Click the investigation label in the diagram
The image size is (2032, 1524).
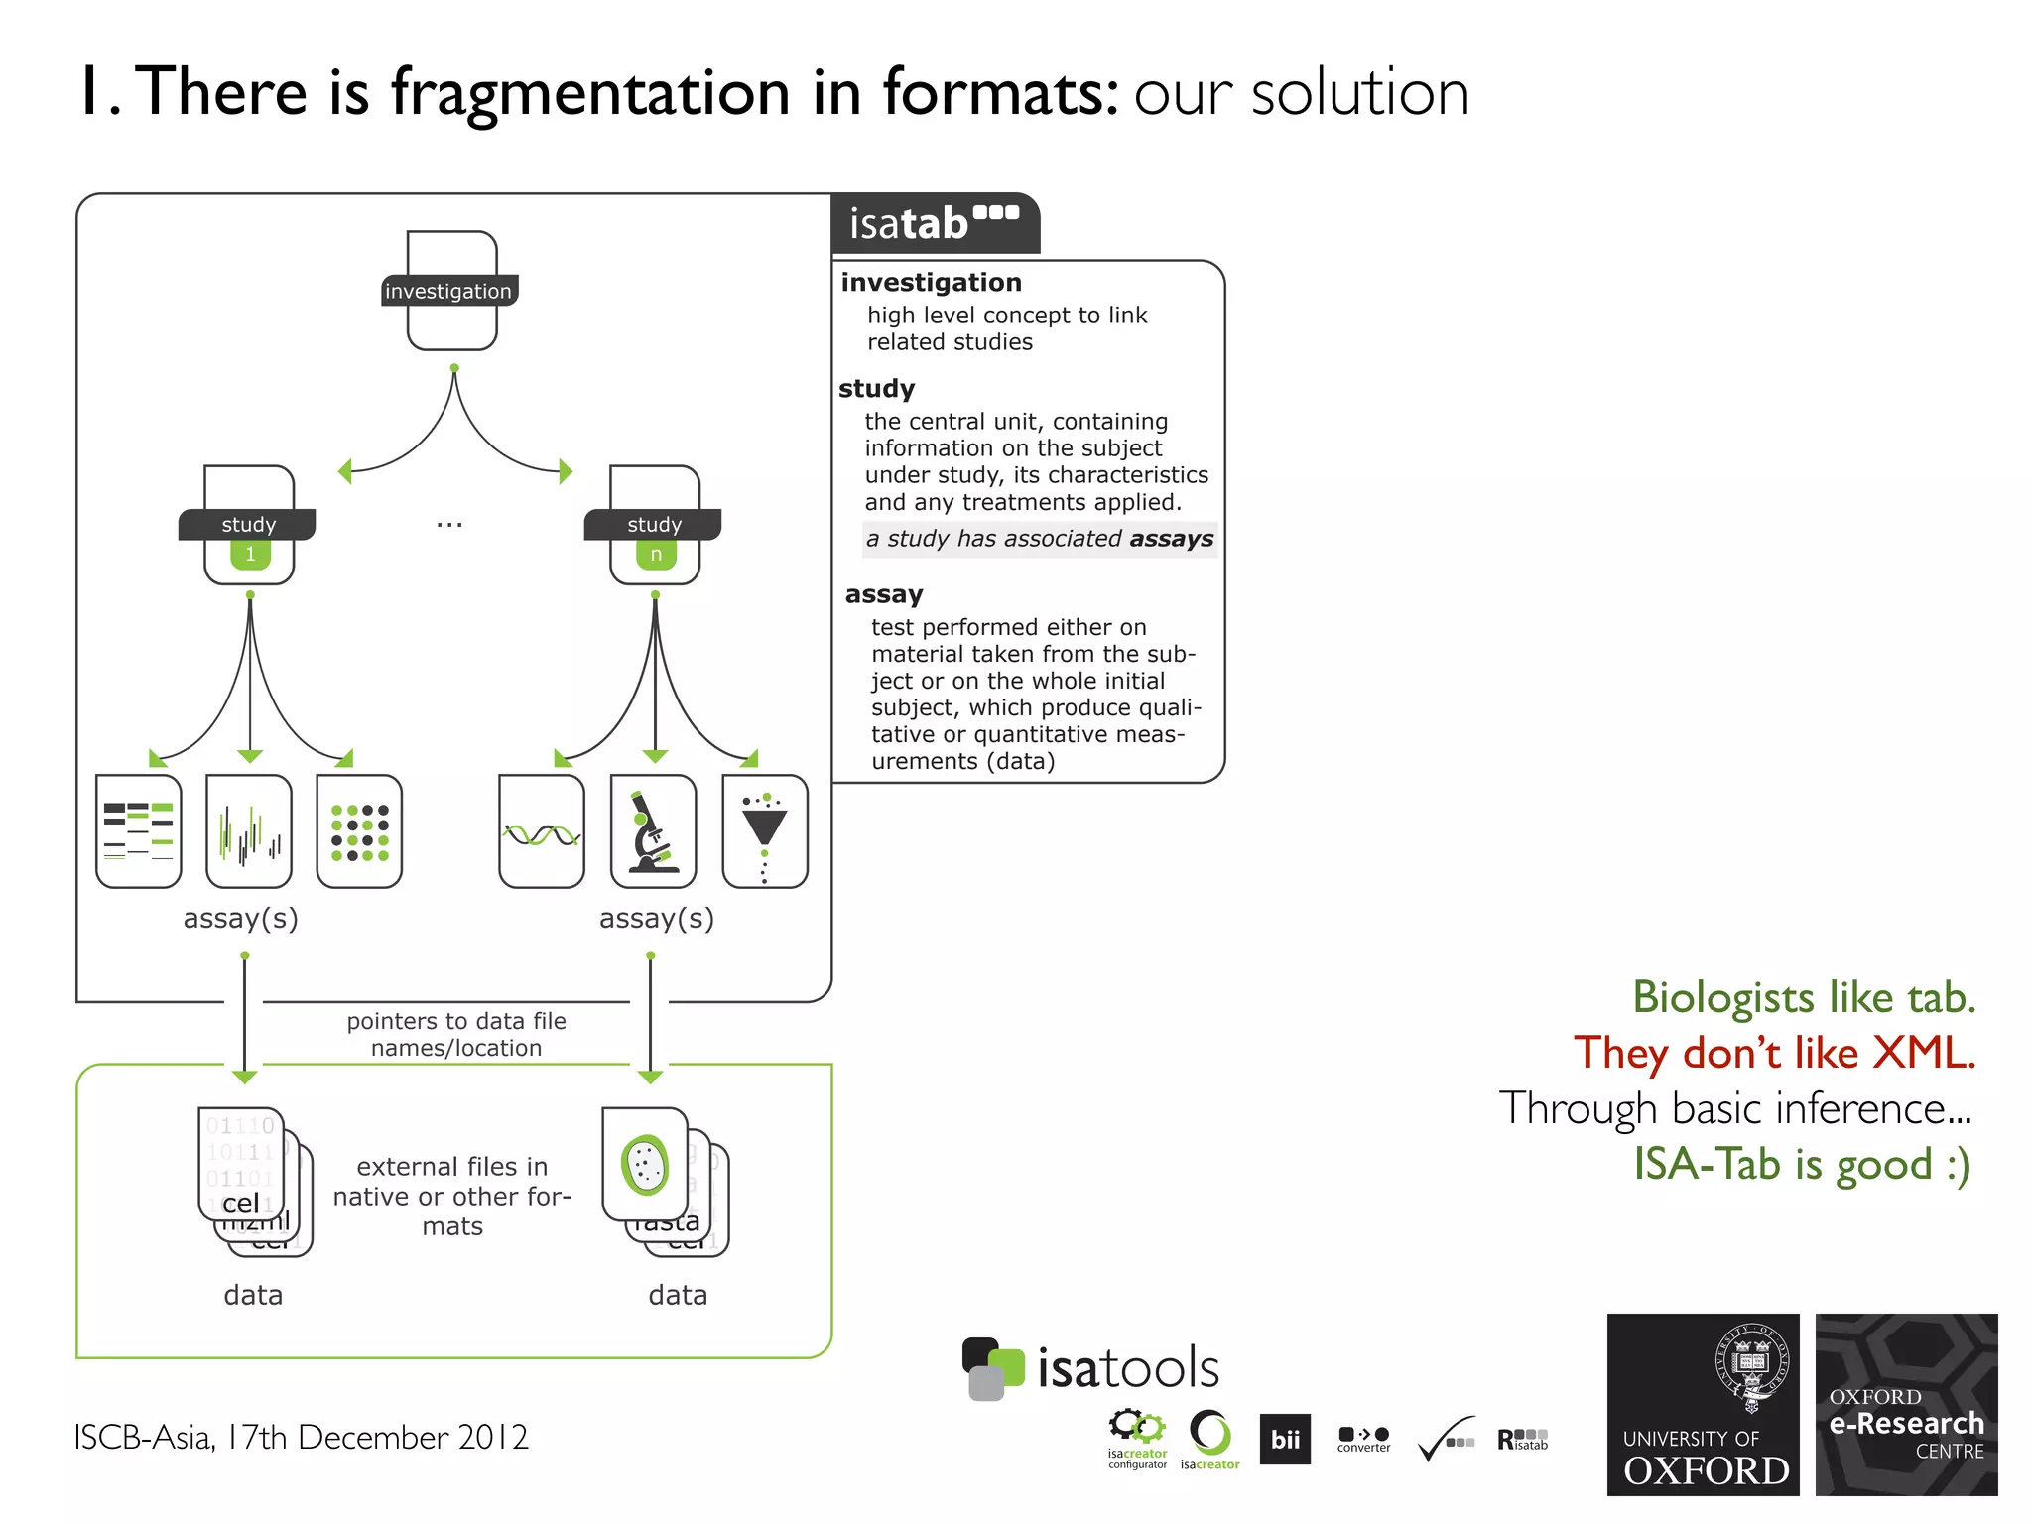click(x=448, y=291)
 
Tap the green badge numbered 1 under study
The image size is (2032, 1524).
click(x=250, y=554)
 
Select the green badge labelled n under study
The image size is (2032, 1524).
click(x=656, y=554)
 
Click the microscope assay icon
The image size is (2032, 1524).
click(x=653, y=831)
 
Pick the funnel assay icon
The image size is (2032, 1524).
click(x=765, y=831)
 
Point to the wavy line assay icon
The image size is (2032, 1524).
click(x=542, y=831)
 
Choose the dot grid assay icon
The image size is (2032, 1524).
click(x=359, y=831)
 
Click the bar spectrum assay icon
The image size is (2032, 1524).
click(x=249, y=831)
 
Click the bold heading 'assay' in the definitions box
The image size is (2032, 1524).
click(x=884, y=594)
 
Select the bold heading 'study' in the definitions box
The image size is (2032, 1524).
click(x=876, y=388)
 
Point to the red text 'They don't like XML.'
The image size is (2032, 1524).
click(x=1774, y=1053)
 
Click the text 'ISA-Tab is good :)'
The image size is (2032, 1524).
click(x=1802, y=1164)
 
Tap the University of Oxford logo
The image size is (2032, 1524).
click(x=1703, y=1404)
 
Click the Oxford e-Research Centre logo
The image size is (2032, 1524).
click(x=1906, y=1404)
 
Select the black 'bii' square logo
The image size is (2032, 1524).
click(x=1285, y=1439)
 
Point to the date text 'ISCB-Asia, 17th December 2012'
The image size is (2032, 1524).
click(x=301, y=1437)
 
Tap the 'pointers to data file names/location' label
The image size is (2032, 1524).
click(x=456, y=1034)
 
